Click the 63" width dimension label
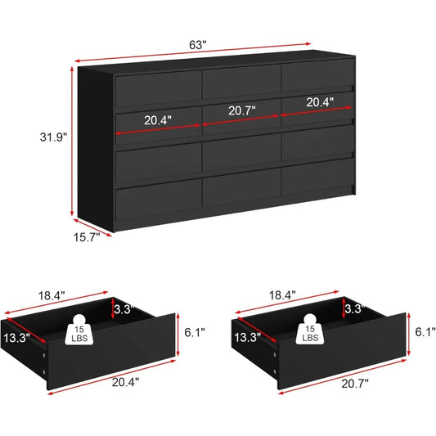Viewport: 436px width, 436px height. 198,44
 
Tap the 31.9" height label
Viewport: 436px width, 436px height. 53,137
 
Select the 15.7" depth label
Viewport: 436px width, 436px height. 87,237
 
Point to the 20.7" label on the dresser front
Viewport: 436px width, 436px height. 241,110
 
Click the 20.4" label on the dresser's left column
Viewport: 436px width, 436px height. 158,120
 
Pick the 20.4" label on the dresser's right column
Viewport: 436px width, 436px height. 320,102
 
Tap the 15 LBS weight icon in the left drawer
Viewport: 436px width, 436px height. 79,330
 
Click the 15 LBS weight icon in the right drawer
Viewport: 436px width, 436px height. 310,329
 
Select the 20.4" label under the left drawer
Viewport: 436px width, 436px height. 125,382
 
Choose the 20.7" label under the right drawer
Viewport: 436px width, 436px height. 355,384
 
